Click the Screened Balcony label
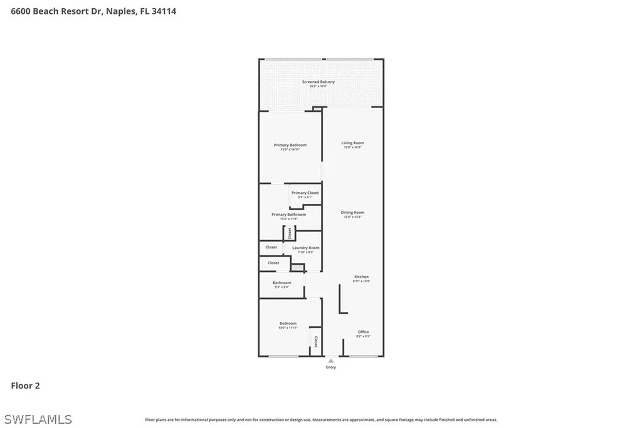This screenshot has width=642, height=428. coord(318,82)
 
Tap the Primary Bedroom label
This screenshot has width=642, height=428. coord(290,145)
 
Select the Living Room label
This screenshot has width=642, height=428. coord(352,143)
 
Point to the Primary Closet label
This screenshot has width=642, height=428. coord(305,193)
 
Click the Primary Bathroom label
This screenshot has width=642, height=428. coord(288,215)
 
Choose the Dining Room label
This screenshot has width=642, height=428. coord(352,213)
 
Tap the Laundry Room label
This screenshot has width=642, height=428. coord(306,248)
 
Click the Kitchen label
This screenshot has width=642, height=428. coord(362,277)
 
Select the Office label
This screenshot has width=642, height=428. coord(364,332)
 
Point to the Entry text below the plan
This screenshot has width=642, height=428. coord(331,367)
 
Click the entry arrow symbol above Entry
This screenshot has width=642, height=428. coord(331,361)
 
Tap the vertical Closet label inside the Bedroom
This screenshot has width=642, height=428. coord(316,342)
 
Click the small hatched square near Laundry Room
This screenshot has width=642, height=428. coord(298,268)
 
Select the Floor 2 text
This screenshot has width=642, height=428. coord(25,386)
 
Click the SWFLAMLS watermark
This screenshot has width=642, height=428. coord(38,419)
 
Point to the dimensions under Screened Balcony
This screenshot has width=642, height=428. coord(318,87)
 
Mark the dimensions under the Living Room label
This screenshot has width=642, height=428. coord(352,147)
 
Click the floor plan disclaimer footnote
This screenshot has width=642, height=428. coord(321,420)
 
